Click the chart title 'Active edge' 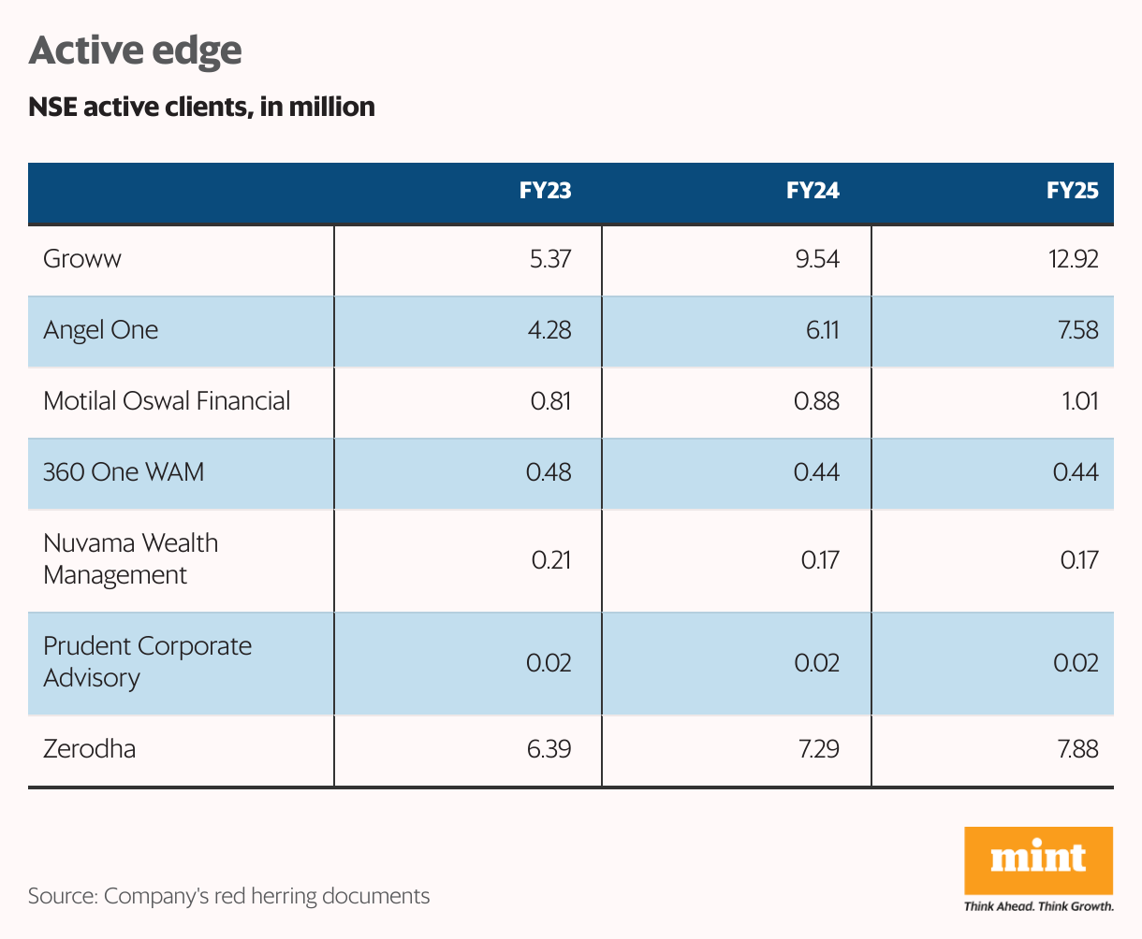[x=136, y=51]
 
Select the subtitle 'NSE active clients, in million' [x=201, y=108]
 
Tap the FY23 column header [x=545, y=192]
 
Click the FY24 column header [x=813, y=192]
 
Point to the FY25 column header [x=1072, y=192]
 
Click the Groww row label [x=82, y=259]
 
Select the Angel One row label [x=101, y=330]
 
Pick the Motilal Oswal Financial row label [x=167, y=401]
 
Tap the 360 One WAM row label [x=124, y=471]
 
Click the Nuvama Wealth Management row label [x=130, y=558]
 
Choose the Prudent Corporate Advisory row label [x=147, y=661]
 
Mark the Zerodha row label [x=89, y=748]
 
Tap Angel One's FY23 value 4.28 [x=549, y=330]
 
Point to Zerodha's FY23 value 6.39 [x=549, y=748]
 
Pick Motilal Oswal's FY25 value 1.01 [x=1078, y=401]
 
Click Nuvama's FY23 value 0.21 [x=551, y=560]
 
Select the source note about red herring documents [x=228, y=896]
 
